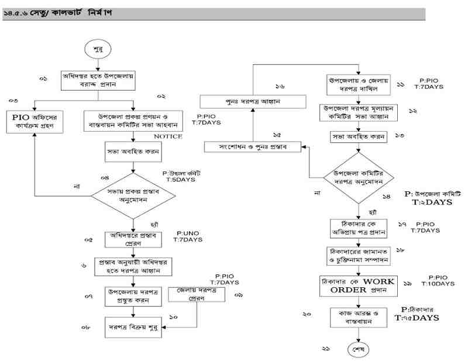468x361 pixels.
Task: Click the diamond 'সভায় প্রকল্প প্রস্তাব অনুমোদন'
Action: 133,194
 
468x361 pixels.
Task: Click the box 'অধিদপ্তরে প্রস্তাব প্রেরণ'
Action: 134,240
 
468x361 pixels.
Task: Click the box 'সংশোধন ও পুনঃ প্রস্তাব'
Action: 252,146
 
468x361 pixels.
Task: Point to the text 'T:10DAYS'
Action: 437,284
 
